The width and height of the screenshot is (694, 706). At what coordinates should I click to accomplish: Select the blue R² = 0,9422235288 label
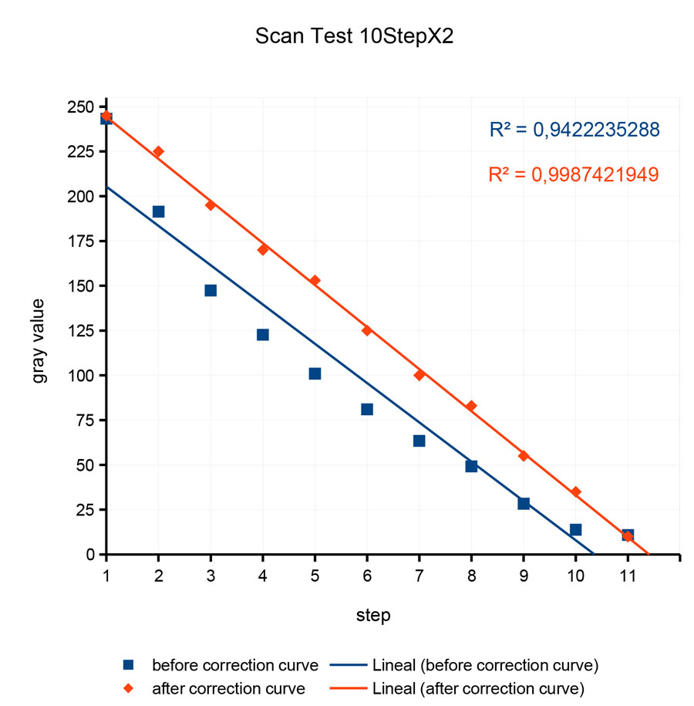pyautogui.click(x=574, y=130)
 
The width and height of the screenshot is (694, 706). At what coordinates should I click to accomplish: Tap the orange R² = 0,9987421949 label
pyautogui.click(x=574, y=174)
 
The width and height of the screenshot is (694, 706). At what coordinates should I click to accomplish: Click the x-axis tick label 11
pyautogui.click(x=627, y=575)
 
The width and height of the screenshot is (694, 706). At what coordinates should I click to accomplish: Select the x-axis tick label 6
pyautogui.click(x=367, y=575)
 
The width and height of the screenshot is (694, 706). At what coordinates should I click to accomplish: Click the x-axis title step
pyautogui.click(x=373, y=616)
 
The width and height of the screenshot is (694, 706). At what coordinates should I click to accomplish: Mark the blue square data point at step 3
pyautogui.click(x=211, y=290)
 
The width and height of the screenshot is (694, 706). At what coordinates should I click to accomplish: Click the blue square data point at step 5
pyautogui.click(x=315, y=373)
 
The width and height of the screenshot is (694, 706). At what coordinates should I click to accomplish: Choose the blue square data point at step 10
pyautogui.click(x=575, y=529)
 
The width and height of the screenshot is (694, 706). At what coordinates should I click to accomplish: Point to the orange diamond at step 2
pyautogui.click(x=158, y=151)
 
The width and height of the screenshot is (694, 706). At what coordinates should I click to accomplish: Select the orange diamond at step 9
pyautogui.click(x=524, y=455)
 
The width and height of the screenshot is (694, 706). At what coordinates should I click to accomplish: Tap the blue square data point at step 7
pyautogui.click(x=419, y=441)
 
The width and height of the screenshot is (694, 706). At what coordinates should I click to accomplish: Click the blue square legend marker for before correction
pyautogui.click(x=129, y=664)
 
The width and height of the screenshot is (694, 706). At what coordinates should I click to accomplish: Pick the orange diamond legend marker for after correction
pyautogui.click(x=129, y=687)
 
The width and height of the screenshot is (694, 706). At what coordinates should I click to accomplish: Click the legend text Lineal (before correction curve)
pyautogui.click(x=485, y=664)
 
